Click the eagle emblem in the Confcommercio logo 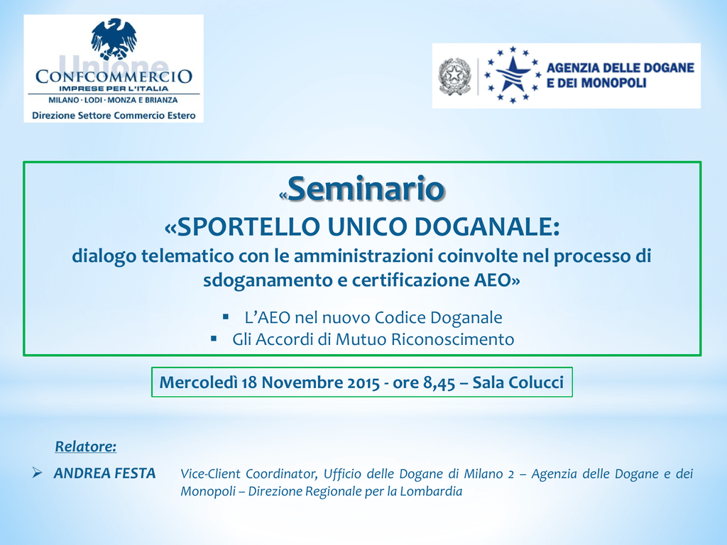tap(114, 39)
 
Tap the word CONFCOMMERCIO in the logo tap(114, 76)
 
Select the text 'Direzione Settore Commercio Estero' tap(114, 116)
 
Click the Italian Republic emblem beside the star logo tap(454, 76)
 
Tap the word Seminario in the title tap(366, 189)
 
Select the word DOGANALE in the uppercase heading tap(487, 226)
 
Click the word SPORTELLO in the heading tap(248, 226)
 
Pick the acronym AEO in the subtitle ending tap(498, 280)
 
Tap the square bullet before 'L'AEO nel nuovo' tap(226, 317)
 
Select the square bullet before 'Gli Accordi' tap(214, 338)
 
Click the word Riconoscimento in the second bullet tap(452, 339)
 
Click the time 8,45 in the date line tap(439, 383)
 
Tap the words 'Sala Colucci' tap(518, 382)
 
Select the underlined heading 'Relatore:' tap(86, 446)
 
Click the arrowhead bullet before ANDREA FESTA tap(37, 473)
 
